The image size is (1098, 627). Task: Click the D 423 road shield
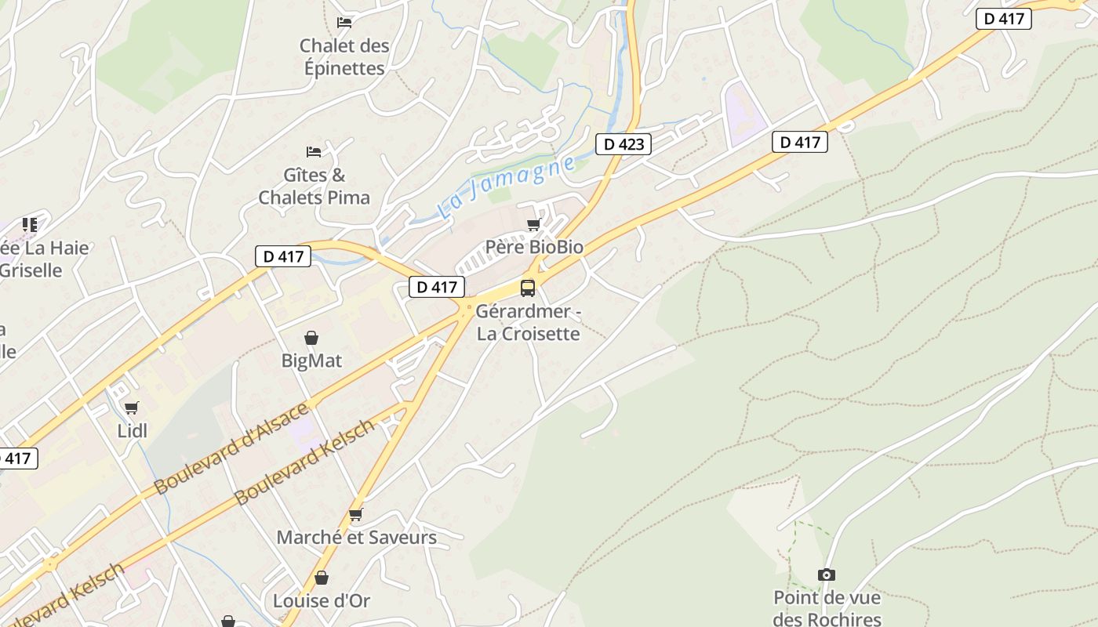(624, 144)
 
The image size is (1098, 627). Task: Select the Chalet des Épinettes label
(344, 56)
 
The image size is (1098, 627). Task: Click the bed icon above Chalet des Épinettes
(344, 22)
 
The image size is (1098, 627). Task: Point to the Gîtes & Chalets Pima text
(314, 186)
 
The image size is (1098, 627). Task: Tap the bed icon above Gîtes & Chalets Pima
(314, 151)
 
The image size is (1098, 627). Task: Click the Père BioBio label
(534, 247)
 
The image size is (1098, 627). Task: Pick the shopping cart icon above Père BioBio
(534, 225)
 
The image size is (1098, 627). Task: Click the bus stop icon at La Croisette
(528, 288)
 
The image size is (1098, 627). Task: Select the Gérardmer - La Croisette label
(529, 322)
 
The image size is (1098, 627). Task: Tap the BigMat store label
(311, 361)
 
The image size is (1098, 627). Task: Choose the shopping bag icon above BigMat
(311, 338)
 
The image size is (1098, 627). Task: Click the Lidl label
(132, 430)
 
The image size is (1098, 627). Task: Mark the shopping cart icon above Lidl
(132, 408)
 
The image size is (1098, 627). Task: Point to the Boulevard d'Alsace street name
(231, 449)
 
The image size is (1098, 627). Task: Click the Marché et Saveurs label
(356, 538)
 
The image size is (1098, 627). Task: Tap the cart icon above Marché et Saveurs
(356, 515)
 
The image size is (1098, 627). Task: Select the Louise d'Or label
(322, 601)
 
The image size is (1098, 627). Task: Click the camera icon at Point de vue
(827, 575)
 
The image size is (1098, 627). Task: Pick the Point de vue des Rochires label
(827, 608)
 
